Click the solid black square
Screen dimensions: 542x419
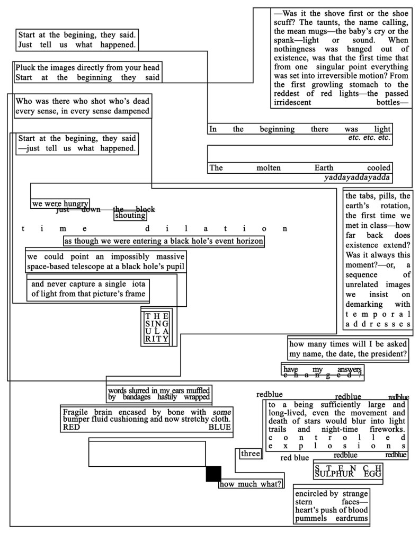pyautogui.click(x=213, y=474)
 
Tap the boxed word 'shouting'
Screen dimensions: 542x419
pyautogui.click(x=130, y=216)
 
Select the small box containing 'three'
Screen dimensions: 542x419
pyautogui.click(x=250, y=454)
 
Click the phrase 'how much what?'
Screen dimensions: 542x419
pyautogui.click(x=251, y=484)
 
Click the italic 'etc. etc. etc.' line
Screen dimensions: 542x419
pyautogui.click(x=369, y=138)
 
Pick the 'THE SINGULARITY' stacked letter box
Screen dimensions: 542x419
pyautogui.click(x=157, y=327)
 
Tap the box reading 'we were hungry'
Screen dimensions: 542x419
pyautogui.click(x=60, y=204)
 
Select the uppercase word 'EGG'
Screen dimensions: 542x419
pyautogui.click(x=372, y=474)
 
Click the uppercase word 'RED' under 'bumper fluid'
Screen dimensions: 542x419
pyautogui.click(x=72, y=428)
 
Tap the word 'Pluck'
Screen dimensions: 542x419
pyautogui.click(x=26, y=68)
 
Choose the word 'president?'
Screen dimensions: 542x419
pyautogui.click(x=388, y=354)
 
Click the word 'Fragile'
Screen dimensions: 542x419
pyautogui.click(x=77, y=412)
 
